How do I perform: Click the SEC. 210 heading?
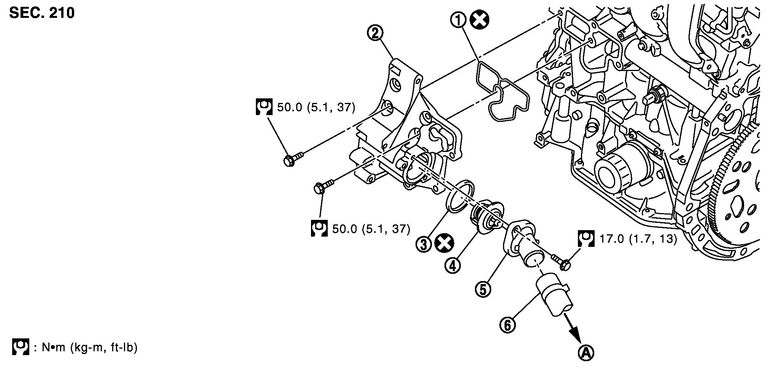click(x=42, y=13)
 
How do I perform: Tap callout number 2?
click(x=375, y=33)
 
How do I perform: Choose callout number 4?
click(x=452, y=265)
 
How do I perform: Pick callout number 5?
click(x=483, y=289)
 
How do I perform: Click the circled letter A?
click(x=586, y=353)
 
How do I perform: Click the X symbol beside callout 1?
click(x=479, y=20)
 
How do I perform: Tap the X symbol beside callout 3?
click(x=443, y=243)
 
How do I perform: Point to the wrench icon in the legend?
click(x=21, y=347)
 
